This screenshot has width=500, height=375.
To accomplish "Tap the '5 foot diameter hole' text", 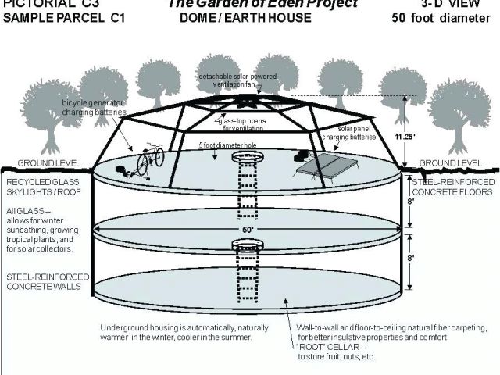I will tap(227, 146).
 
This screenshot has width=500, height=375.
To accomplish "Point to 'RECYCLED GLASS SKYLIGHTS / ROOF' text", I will tap(43, 187).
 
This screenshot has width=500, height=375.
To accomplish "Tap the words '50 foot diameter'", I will tap(441, 17).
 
